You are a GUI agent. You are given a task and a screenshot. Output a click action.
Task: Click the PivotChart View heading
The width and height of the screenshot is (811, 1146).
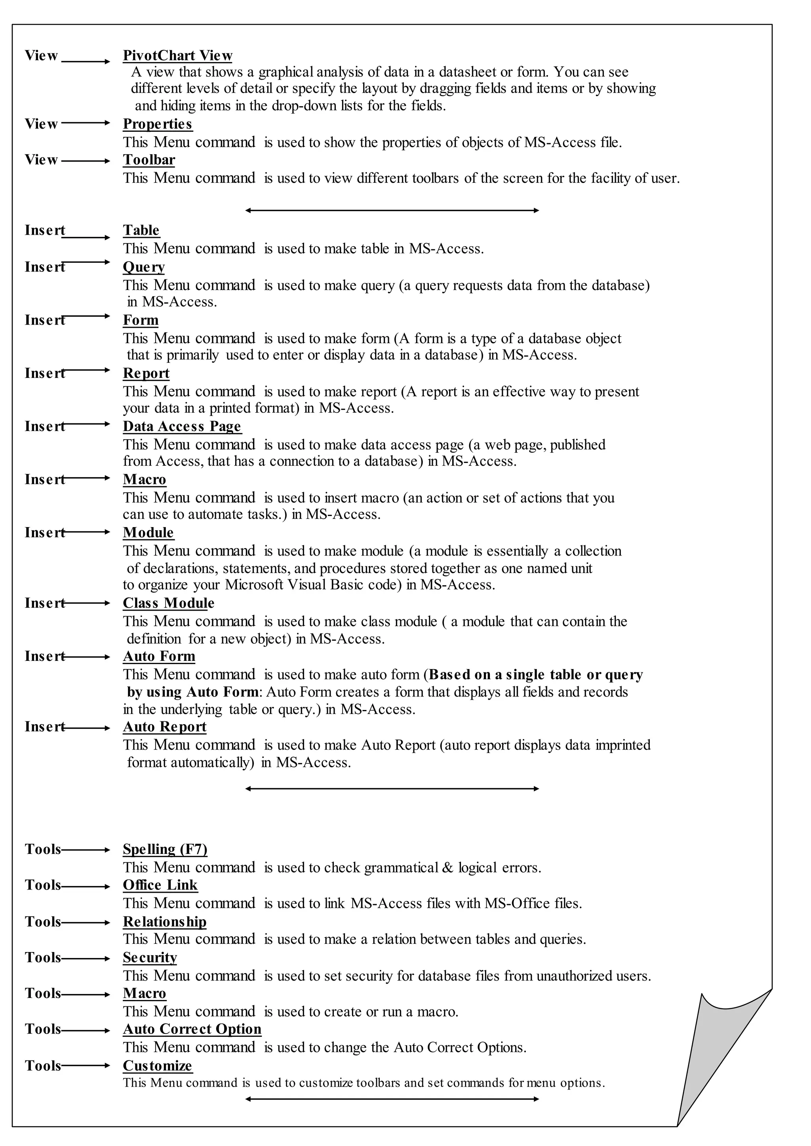[x=177, y=55]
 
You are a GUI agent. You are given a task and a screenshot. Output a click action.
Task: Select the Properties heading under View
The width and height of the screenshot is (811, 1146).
[x=157, y=124]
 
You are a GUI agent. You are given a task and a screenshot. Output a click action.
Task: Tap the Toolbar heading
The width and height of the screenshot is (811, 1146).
[x=149, y=160]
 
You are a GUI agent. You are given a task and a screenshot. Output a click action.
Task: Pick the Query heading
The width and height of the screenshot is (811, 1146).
[x=144, y=267]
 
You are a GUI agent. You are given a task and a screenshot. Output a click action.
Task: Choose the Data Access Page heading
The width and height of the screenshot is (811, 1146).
[x=182, y=426]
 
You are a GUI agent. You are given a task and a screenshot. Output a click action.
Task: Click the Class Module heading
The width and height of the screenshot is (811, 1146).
[x=168, y=603]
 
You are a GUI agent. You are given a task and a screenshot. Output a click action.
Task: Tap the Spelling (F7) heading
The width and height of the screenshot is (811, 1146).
[x=165, y=849]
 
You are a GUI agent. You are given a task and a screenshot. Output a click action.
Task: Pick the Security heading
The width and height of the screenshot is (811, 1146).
[x=150, y=957]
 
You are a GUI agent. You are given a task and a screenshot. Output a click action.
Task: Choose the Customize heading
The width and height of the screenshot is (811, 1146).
[x=157, y=1066]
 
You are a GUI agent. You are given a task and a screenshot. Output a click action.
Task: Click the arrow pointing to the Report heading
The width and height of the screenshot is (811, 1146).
[x=86, y=370]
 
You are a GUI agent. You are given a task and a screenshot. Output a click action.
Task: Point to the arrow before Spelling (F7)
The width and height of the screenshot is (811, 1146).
[x=85, y=850]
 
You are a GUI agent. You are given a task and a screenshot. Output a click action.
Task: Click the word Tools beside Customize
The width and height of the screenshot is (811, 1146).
[x=42, y=1066]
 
